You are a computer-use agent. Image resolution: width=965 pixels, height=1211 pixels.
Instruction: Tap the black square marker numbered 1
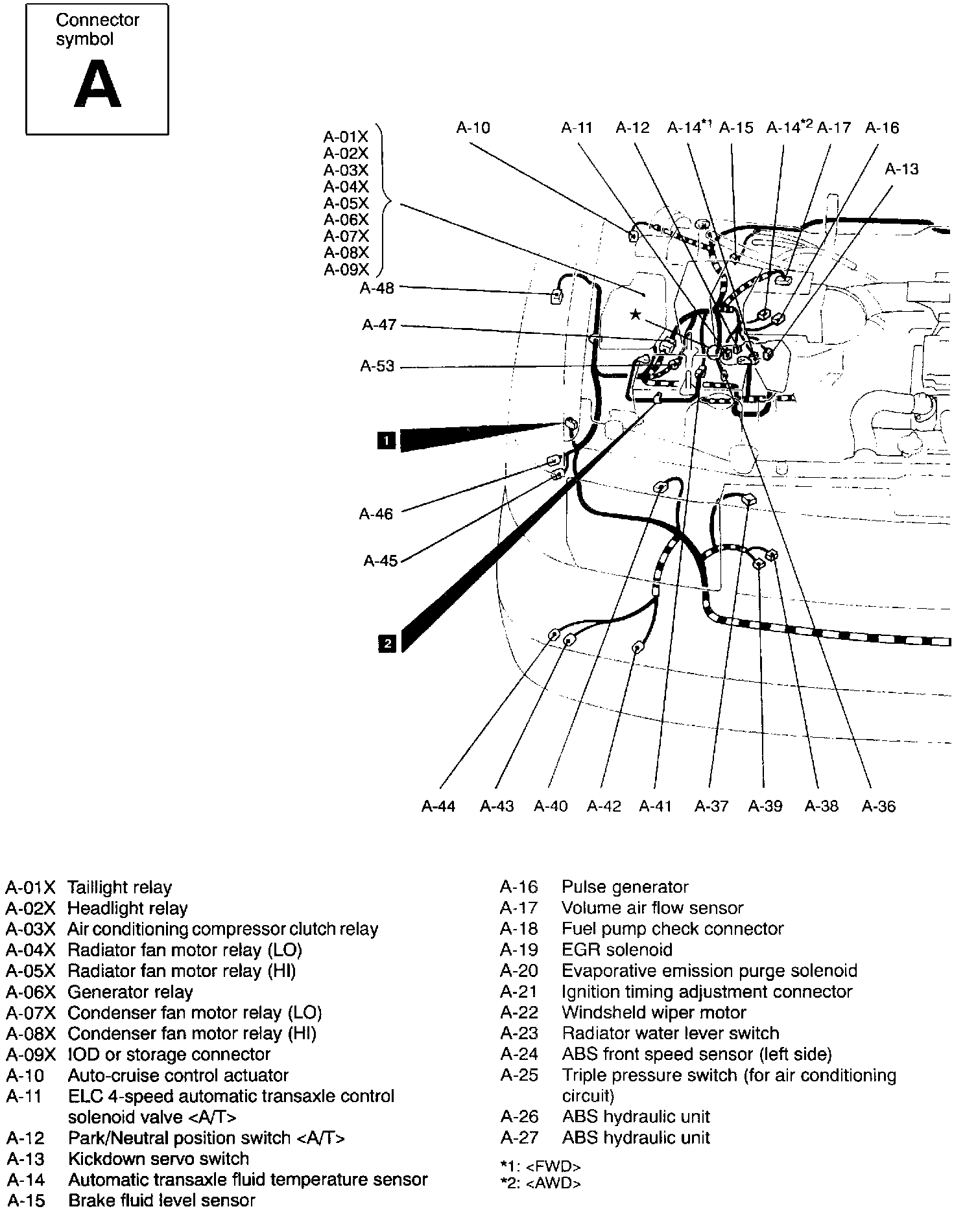387,441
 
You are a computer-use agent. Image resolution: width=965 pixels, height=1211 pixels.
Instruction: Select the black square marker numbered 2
387,643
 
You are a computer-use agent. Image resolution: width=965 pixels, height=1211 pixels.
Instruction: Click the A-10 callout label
473,128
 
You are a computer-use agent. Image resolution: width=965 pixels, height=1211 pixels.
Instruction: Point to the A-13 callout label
901,169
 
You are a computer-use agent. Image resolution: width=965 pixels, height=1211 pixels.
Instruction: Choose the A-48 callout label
377,288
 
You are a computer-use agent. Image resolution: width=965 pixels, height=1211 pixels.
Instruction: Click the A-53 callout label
377,366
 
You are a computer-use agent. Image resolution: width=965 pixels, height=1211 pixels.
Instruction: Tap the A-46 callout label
376,514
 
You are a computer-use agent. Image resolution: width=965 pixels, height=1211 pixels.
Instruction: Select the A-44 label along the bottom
438,806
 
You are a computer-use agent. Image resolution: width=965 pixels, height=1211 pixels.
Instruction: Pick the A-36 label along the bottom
878,806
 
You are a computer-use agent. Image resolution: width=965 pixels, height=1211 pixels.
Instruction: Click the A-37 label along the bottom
711,806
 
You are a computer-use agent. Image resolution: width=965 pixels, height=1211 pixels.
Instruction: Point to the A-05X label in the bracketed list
346,204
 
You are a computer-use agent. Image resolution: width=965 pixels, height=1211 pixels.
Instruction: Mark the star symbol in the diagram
636,314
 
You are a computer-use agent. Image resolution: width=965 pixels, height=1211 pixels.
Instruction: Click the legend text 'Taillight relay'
119,888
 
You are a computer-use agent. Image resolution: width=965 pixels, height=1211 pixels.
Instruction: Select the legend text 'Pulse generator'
625,887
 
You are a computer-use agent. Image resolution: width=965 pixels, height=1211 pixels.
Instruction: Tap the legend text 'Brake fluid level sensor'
161,1200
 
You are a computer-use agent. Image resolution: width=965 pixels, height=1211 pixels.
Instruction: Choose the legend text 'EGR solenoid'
617,950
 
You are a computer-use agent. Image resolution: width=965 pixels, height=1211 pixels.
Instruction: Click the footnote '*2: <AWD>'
541,1183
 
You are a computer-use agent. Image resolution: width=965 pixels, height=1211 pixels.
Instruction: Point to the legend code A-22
519,1012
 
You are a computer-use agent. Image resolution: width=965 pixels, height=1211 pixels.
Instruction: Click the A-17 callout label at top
834,128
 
